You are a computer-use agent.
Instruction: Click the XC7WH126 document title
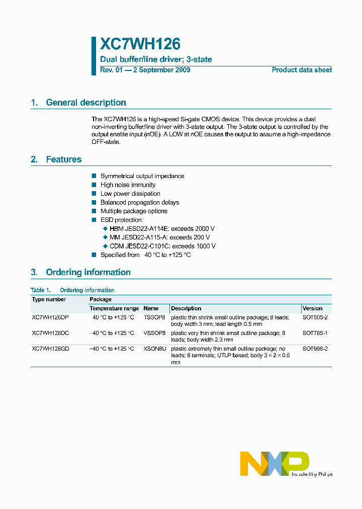pos(140,45)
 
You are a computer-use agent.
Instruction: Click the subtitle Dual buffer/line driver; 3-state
pos(156,59)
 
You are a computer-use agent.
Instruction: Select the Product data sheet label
pos(302,70)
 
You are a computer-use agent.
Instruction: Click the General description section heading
pos(85,103)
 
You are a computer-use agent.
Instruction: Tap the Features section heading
pos(63,159)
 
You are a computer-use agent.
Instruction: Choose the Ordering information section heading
pos(88,272)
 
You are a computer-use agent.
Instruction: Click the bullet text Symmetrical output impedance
pos(142,176)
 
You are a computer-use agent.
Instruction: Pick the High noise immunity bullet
pos(128,185)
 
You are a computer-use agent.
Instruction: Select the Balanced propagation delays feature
pos(139,202)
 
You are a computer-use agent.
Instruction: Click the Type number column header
pos(49,299)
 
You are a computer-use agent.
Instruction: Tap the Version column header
pos(312,308)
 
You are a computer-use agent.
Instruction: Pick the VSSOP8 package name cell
pos(154,333)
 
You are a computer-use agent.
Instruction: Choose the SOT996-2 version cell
pos(315,349)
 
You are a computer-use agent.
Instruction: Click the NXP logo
pos(274,463)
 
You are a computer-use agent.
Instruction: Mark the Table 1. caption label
pos(41,290)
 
